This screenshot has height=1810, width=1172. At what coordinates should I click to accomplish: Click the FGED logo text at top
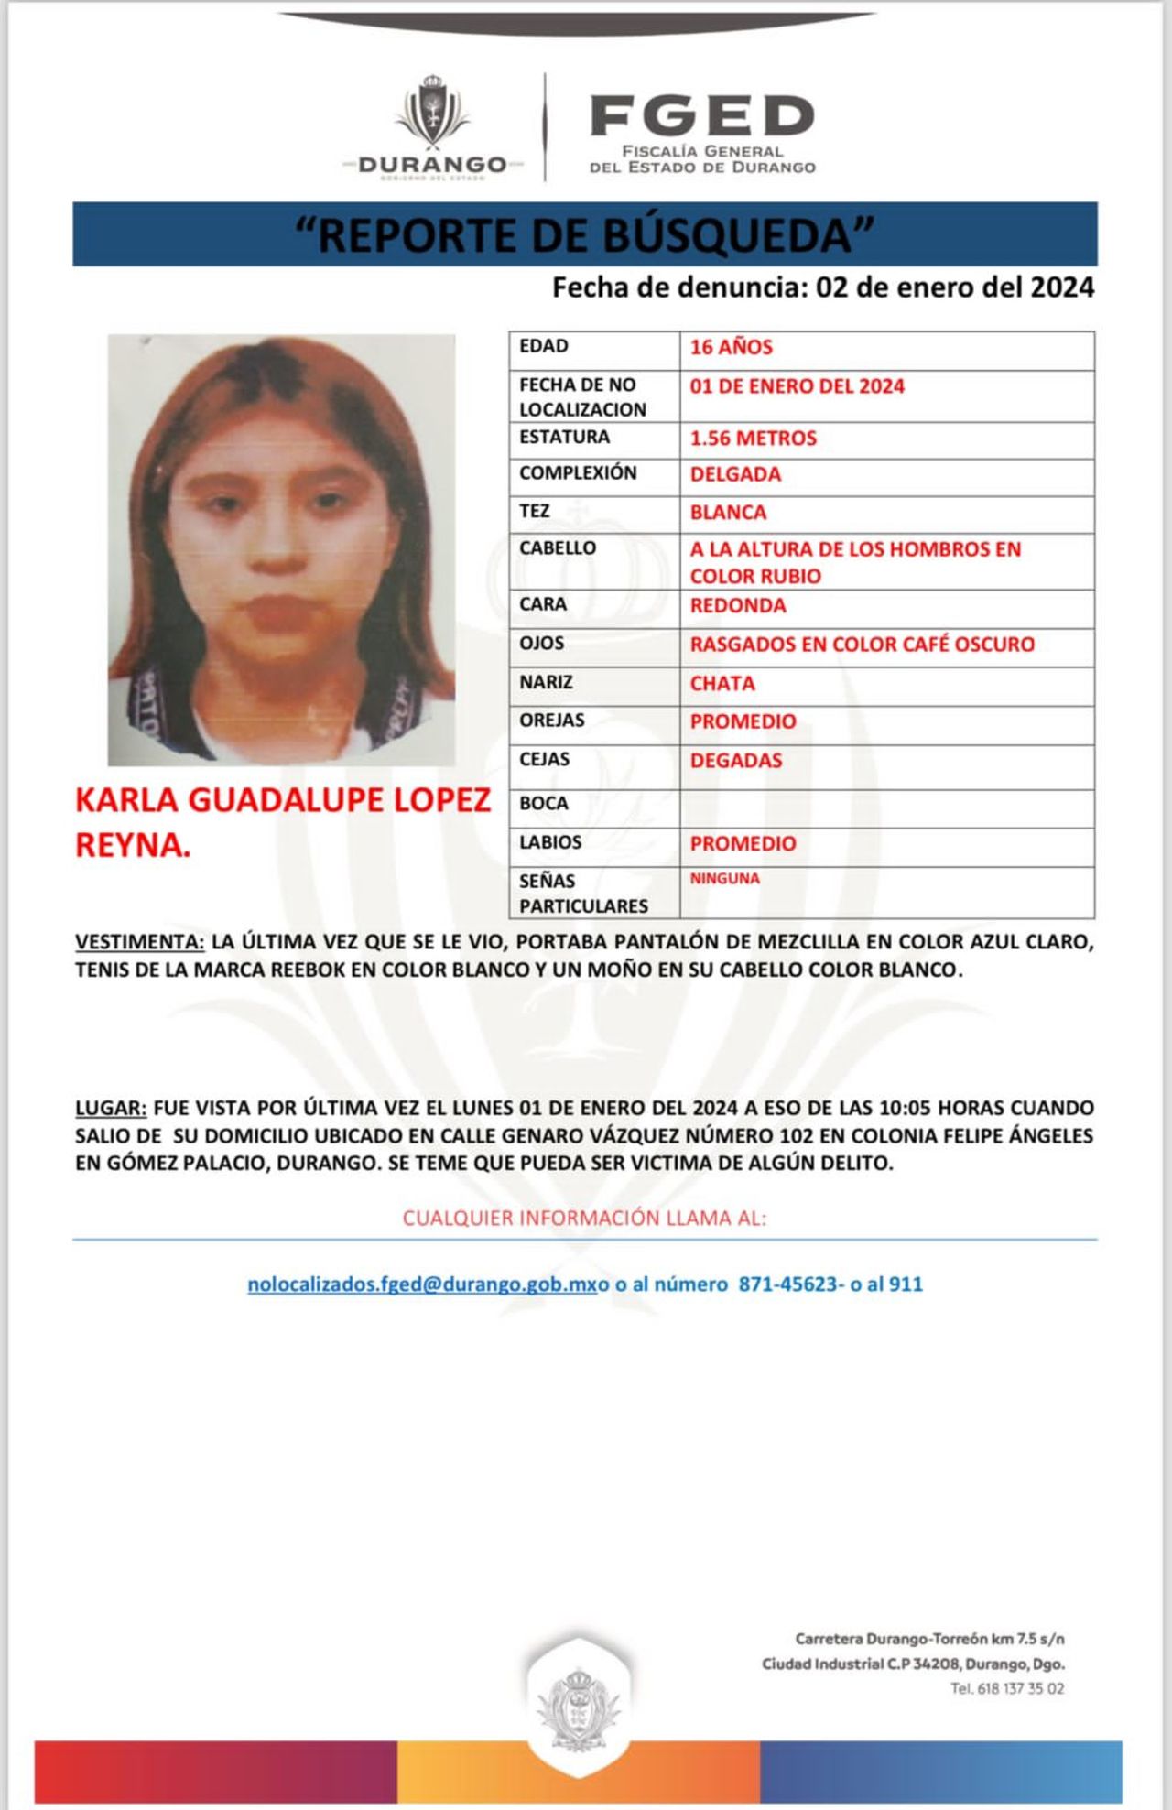coord(702,115)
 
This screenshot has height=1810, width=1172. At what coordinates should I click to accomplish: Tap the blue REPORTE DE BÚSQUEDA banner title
coord(585,234)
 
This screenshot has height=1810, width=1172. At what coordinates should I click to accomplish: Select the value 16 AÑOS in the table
coord(732,347)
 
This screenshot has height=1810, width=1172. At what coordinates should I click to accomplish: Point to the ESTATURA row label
coord(564,437)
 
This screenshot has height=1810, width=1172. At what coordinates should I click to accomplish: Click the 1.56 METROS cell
coord(754,438)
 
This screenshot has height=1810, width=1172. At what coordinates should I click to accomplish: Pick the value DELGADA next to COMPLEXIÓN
coord(735,474)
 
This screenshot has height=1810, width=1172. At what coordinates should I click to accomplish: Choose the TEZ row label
coord(535,511)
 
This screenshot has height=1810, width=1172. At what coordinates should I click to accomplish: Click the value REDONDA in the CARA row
coord(738,605)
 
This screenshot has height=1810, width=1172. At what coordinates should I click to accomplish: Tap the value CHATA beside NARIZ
coord(722,683)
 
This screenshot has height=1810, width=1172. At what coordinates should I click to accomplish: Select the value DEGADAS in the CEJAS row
coord(736,760)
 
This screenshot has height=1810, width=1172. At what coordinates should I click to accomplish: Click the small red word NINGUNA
coord(725,878)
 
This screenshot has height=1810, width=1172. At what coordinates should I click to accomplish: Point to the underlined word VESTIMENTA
coord(140,941)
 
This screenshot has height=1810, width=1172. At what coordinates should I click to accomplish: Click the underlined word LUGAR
coord(111,1108)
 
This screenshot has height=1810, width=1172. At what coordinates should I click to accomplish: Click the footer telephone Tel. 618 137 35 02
coord(1007,1688)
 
